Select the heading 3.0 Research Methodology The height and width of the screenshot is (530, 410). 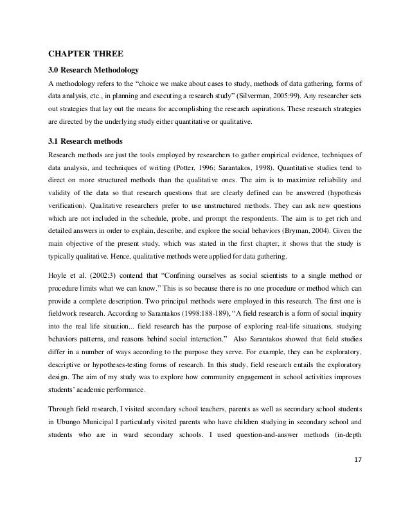coord(94,69)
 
